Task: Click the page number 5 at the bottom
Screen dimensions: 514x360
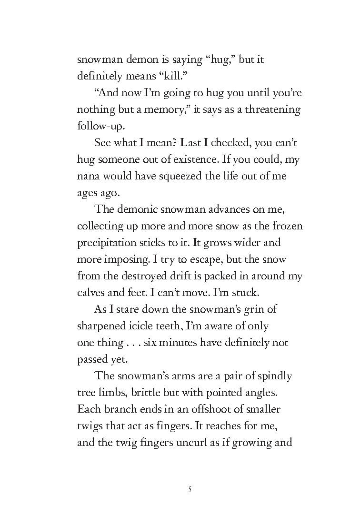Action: [190, 489]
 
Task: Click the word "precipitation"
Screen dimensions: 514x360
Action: [110, 243]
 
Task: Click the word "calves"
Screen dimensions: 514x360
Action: [91, 293]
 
